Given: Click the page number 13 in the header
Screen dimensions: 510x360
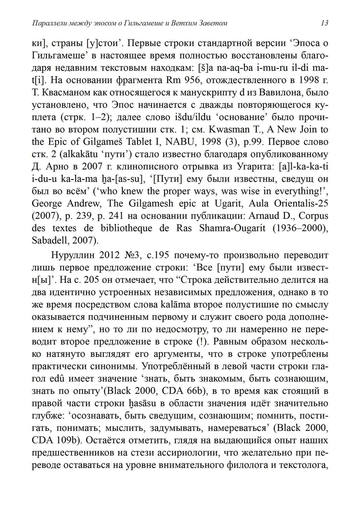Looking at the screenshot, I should coord(324,23).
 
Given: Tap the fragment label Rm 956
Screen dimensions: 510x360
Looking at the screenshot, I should coord(183,80).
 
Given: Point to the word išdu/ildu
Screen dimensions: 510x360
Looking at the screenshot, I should coord(196,117).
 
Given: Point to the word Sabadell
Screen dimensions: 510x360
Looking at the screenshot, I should coord(49,240).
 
